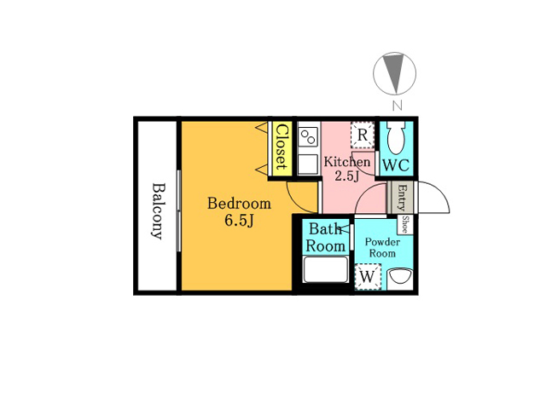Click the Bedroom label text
[239, 204]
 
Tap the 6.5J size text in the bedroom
[239, 221]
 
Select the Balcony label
[158, 211]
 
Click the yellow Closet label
[281, 147]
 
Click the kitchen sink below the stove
[309, 164]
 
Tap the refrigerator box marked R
[363, 135]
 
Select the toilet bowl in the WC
[396, 137]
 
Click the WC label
[396, 165]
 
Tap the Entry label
[402, 198]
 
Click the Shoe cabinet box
[405, 225]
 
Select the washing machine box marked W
[368, 277]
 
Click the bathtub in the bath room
[326, 269]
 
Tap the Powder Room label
[382, 248]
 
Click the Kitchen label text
[347, 162]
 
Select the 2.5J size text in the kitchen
[347, 176]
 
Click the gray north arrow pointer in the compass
[394, 73]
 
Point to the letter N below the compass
[398, 106]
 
